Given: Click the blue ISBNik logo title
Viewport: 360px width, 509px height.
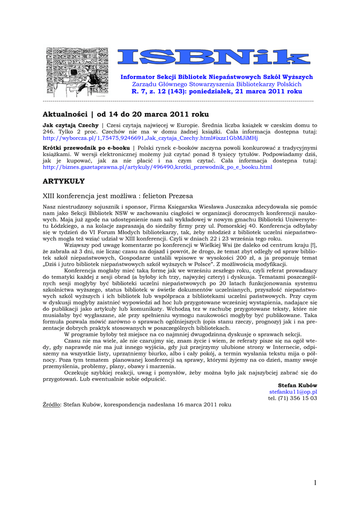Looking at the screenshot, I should pyautogui.click(x=217, y=57).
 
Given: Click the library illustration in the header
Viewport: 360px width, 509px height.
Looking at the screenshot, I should pyautogui.click(x=77, y=72).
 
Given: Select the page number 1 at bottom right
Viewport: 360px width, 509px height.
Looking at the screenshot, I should pyautogui.click(x=315, y=483).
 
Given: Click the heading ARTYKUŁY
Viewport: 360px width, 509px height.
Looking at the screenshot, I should pyautogui.click(x=64, y=181).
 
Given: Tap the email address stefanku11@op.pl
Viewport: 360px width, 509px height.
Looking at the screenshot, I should pyautogui.click(x=297, y=392).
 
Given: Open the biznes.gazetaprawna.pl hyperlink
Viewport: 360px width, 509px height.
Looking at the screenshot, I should pyautogui.click(x=158, y=168).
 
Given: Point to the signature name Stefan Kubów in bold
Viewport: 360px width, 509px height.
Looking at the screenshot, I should pyautogui.click(x=298, y=385).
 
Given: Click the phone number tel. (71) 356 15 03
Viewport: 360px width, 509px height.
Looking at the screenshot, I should pyautogui.click(x=293, y=398).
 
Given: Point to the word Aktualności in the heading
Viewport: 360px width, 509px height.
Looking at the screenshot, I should pyautogui.click(x=65, y=114).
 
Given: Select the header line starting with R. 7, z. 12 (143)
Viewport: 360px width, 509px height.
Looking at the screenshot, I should pyautogui.click(x=217, y=92).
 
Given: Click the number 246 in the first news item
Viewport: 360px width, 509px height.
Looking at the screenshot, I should pyautogui.click(x=48, y=132).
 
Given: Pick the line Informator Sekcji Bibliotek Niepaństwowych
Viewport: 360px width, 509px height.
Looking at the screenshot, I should pyautogui.click(x=217, y=77).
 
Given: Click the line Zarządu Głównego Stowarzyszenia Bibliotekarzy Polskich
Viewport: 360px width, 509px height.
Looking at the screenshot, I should pyautogui.click(x=217, y=85).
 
